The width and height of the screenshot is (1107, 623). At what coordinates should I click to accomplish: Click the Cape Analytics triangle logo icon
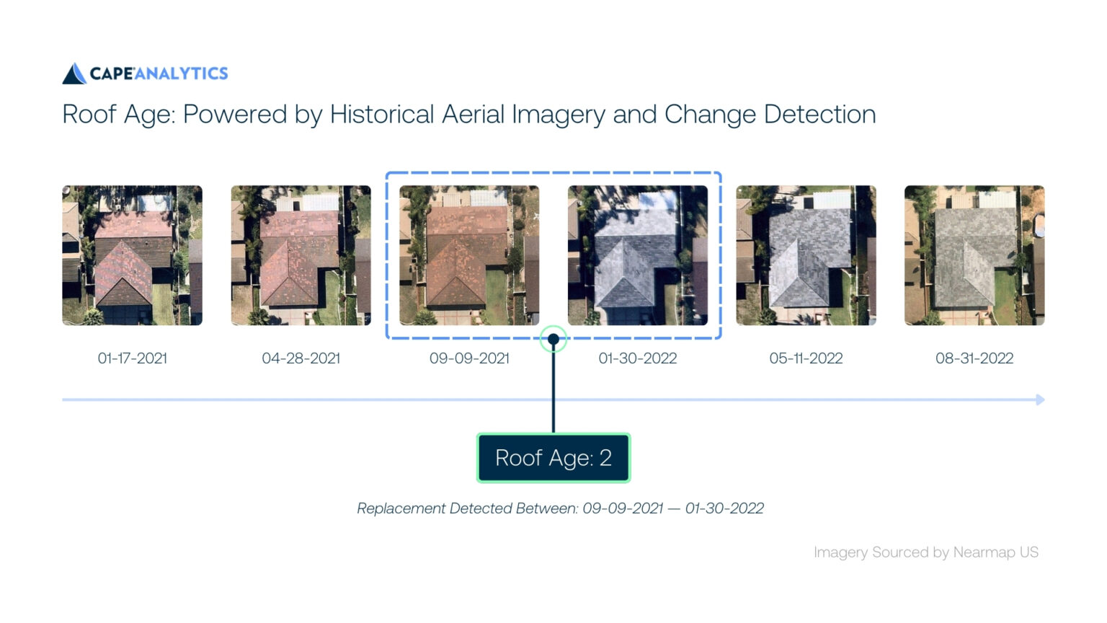(x=74, y=74)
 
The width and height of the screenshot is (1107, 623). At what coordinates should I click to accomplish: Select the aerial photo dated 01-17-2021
(x=133, y=255)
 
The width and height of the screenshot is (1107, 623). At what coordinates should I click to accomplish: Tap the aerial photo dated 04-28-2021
(x=301, y=255)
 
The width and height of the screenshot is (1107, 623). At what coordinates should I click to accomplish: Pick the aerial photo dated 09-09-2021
(x=469, y=255)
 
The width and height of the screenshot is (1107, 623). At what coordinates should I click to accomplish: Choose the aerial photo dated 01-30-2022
(x=638, y=255)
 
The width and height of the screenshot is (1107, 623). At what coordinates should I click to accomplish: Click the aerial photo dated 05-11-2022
(x=806, y=255)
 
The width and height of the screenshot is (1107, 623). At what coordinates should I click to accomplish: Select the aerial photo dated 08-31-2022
(x=974, y=255)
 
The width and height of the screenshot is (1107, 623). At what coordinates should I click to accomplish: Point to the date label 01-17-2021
(x=133, y=358)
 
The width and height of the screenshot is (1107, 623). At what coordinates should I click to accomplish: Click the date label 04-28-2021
(x=301, y=358)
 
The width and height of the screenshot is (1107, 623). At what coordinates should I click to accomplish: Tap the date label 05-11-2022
(x=806, y=358)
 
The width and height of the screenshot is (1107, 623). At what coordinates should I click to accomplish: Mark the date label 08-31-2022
(x=974, y=358)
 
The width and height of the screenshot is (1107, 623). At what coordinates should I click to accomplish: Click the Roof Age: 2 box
(x=553, y=458)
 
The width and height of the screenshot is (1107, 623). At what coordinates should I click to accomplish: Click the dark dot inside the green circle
(x=553, y=339)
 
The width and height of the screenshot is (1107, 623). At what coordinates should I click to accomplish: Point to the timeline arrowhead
(x=1040, y=399)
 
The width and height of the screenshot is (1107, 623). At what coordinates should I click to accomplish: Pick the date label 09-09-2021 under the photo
(x=469, y=358)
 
